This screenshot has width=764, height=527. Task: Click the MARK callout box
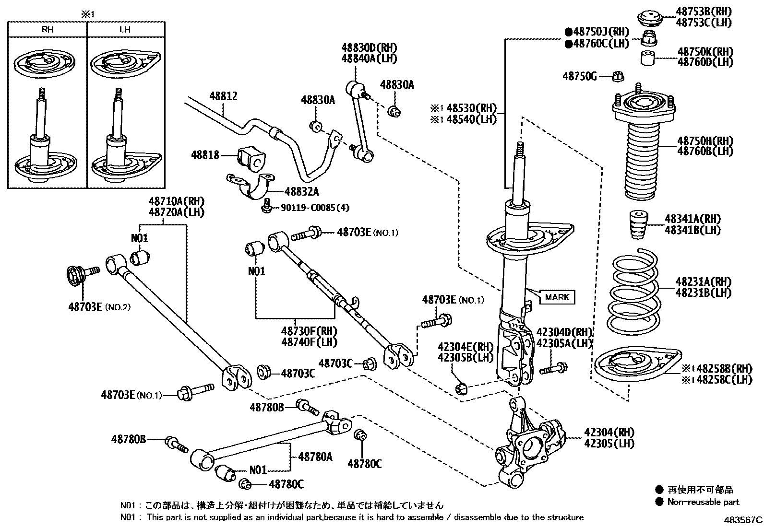[x=557, y=297]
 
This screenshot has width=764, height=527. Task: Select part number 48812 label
[x=223, y=96]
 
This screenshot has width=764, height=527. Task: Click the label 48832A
[x=301, y=192]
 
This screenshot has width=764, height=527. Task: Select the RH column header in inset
[x=48, y=29]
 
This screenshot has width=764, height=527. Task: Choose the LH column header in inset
[x=125, y=29]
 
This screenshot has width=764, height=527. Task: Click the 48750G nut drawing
[x=619, y=76]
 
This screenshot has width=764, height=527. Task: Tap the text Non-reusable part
[x=703, y=502]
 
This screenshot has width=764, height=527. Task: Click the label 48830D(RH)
[x=370, y=48]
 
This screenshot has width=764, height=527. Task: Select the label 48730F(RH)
[x=309, y=331]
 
